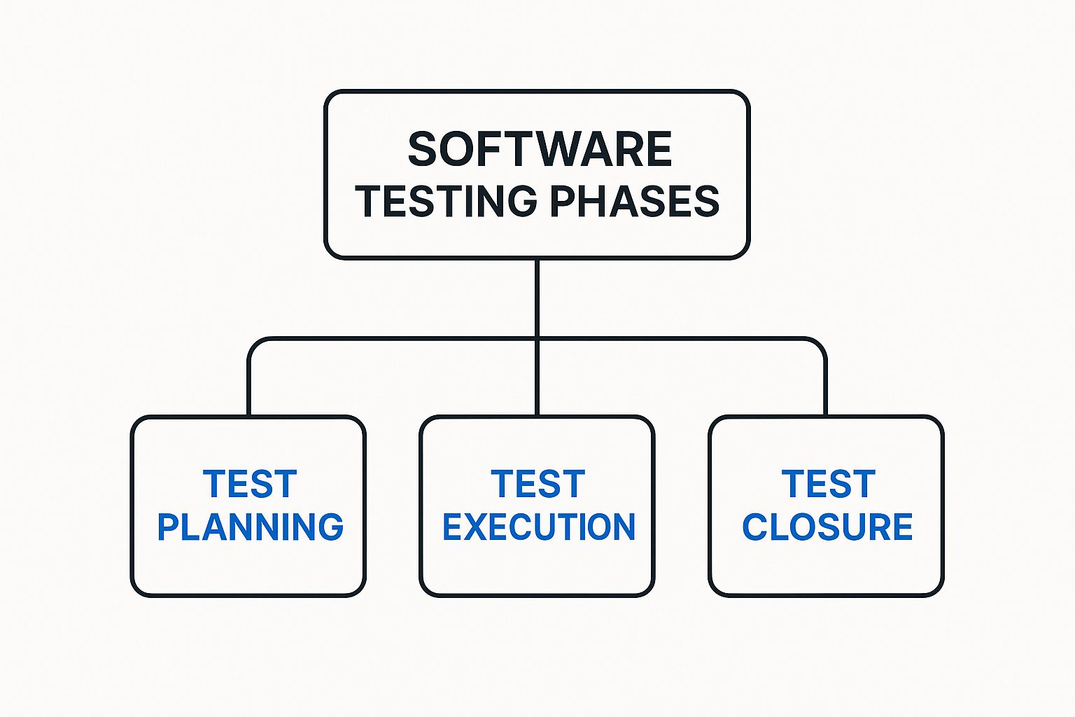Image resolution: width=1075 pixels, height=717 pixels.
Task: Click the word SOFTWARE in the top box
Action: pos(540,149)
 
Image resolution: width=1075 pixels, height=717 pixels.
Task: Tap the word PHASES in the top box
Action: pos(635,201)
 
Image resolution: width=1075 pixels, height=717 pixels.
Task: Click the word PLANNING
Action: pos(251,527)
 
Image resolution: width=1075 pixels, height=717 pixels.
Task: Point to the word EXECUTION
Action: pos(539,527)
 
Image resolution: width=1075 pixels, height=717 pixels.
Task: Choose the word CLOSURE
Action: pos(827,527)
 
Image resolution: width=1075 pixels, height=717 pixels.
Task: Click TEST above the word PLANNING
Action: pos(250,484)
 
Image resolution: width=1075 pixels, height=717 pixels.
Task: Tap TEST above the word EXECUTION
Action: pos(538,484)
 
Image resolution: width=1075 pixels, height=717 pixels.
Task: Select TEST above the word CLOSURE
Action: pos(829,484)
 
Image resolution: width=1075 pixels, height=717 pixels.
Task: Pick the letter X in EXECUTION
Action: pos(484,527)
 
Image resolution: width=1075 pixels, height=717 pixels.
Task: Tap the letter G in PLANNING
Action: pos(330,527)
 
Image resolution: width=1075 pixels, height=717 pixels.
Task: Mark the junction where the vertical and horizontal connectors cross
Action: pos(537,339)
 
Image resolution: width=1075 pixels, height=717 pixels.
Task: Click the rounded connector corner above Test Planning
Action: pos(254,344)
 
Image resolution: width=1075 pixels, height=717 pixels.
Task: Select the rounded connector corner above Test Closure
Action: pos(820,344)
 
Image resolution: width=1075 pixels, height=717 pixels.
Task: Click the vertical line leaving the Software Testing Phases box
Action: pos(537,298)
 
